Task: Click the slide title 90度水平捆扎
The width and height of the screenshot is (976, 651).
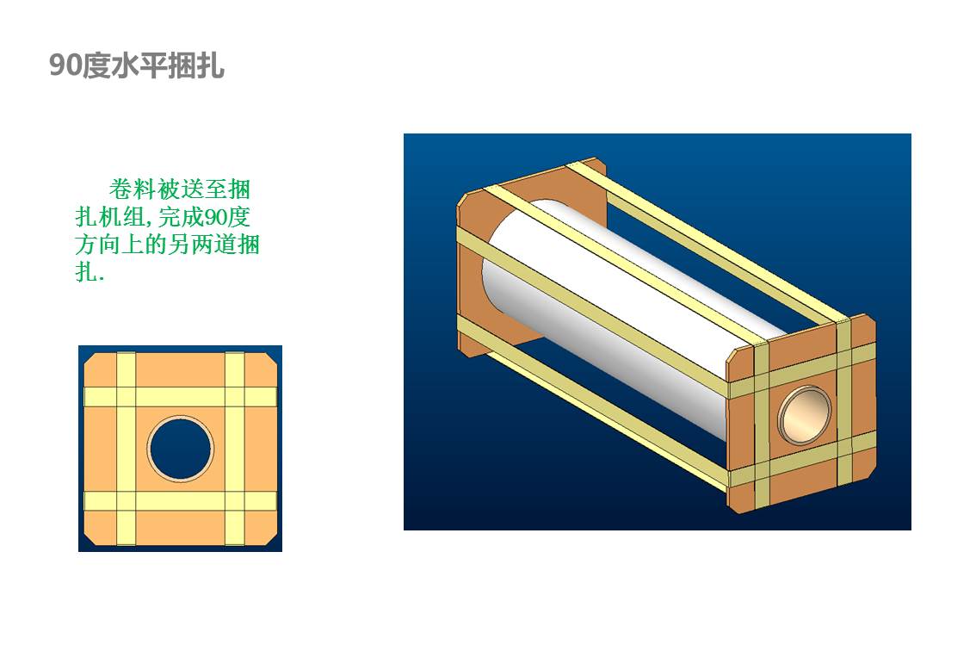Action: pos(136,65)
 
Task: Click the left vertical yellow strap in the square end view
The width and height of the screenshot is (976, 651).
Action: pos(126,449)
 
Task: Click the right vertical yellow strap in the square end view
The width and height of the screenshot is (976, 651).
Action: pos(235,449)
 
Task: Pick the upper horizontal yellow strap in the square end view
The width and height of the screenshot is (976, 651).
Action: pos(181,397)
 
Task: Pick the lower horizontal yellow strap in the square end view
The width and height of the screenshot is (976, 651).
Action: pos(181,501)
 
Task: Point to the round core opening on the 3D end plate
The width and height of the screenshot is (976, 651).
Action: pos(804,413)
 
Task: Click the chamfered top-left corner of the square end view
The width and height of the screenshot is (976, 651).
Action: pos(91,359)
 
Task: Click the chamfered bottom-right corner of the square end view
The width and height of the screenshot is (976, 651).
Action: pos(270,537)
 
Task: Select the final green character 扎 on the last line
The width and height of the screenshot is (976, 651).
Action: pos(86,272)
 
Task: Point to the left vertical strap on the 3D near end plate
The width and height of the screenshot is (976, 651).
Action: pos(762,425)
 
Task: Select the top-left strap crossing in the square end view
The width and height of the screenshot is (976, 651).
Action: pos(126,397)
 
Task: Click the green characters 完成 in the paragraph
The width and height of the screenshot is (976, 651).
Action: pos(181,217)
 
